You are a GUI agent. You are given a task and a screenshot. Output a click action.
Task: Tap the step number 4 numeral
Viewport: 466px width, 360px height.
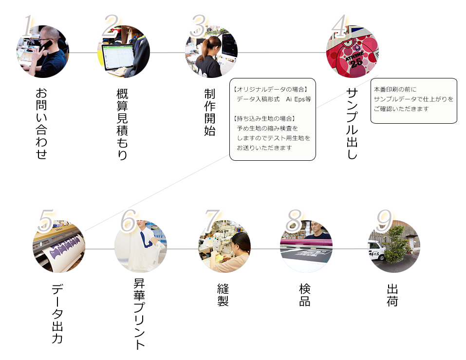click(339, 26)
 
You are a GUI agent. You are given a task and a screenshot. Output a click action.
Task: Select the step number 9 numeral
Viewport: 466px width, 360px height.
click(384, 221)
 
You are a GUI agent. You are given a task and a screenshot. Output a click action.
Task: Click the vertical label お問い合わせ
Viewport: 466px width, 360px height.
click(41, 123)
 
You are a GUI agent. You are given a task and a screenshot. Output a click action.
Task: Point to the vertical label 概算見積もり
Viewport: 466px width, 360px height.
click(122, 124)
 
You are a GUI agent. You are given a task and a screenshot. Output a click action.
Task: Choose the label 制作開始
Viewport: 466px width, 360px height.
click(210, 112)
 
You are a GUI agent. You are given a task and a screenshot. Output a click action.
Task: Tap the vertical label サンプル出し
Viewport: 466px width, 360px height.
click(352, 123)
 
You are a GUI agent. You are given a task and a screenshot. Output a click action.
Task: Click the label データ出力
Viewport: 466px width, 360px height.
click(57, 314)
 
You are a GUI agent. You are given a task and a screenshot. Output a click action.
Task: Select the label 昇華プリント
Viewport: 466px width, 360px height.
click(139, 314)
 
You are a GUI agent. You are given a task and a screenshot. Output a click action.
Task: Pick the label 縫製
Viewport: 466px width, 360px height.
click(223, 295)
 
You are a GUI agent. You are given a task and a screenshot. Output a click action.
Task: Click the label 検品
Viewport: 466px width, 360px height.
click(305, 295)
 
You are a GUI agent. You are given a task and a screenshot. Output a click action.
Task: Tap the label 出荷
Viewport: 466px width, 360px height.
click(392, 295)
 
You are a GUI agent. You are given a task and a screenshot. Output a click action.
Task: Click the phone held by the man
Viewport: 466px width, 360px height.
click(46, 46)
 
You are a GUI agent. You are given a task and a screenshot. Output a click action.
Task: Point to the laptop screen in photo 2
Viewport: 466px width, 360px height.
click(118, 57)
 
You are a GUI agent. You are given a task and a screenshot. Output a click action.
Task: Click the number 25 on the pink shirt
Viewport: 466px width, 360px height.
click(356, 62)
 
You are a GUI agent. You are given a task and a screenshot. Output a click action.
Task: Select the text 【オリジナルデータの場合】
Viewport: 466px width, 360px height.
click(270, 89)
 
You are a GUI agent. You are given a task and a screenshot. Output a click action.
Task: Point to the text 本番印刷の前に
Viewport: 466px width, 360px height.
click(395, 89)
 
